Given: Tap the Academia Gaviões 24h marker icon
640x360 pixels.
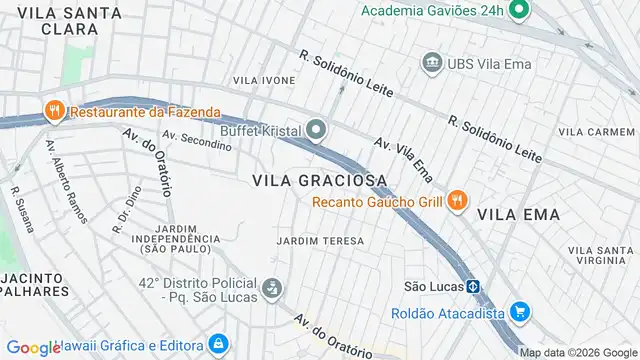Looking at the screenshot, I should pos(518,12).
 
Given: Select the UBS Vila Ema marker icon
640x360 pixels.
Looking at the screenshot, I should pos(432,63).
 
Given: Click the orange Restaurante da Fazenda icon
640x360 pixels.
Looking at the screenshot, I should pos(51,112).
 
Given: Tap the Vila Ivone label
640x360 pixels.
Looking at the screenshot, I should pos(264,80).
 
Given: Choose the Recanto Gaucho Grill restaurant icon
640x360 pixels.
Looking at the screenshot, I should pos(456,201).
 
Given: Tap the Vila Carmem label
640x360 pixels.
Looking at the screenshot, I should pos(597,132).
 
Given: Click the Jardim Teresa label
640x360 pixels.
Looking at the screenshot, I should pos(320,241).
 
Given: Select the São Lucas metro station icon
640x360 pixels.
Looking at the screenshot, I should pos(474,286).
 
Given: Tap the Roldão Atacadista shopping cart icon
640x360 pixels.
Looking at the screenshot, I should pos(518,311).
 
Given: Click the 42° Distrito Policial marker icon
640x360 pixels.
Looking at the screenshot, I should pos(270,290).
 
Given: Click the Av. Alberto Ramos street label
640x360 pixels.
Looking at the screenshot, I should pos(66,181).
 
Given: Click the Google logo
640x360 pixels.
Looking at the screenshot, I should pos(33,348).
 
